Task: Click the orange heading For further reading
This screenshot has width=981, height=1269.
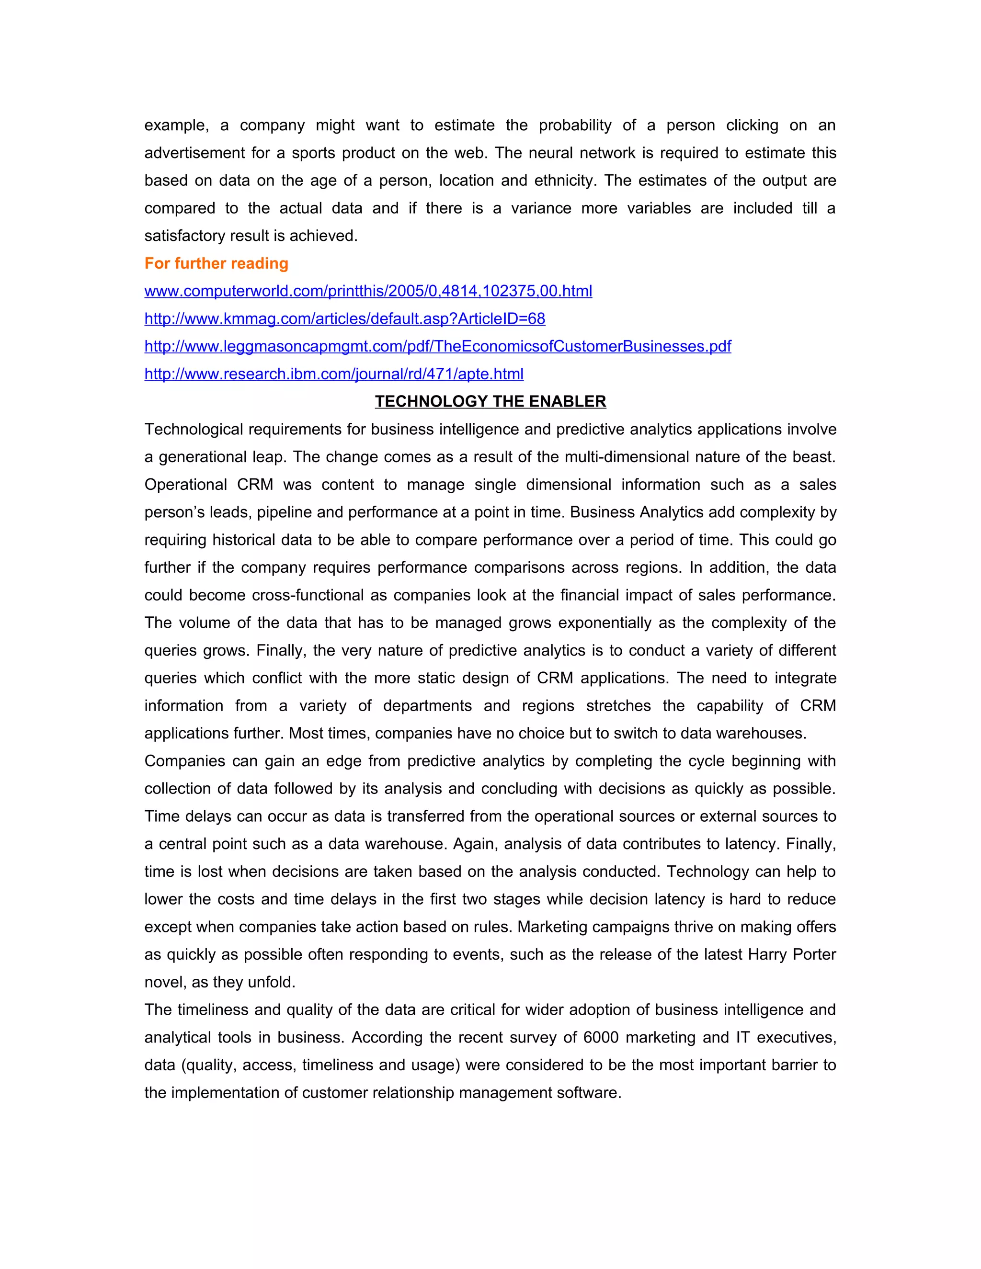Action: [x=216, y=264]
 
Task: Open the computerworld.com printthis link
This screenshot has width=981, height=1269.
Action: [x=368, y=291]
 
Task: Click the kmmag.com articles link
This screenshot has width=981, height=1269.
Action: [x=344, y=319]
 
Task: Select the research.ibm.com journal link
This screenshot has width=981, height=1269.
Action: [x=333, y=374]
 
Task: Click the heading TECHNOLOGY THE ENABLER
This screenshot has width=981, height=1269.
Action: [x=490, y=401]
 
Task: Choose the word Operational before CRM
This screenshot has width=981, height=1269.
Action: [x=185, y=485]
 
